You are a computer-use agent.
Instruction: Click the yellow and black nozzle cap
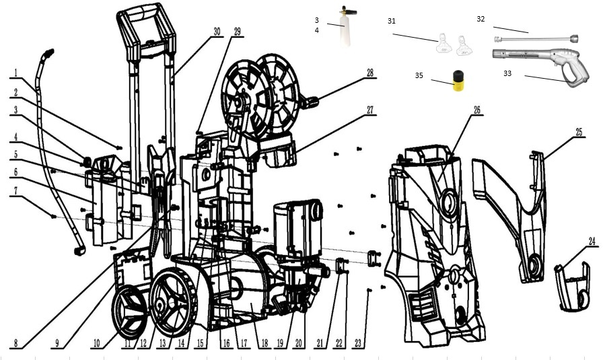coord(458,80)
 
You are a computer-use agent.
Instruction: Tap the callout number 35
coord(419,75)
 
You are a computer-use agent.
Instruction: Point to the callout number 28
coord(370,73)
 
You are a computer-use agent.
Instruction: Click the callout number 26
coord(477,110)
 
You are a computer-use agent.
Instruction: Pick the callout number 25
coord(579,133)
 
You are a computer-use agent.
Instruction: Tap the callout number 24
coord(592,241)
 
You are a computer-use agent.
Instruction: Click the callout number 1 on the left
coord(15,73)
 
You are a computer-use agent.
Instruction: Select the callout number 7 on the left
coord(15,191)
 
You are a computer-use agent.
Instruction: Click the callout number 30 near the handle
coord(217,32)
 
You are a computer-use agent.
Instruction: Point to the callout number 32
coord(481,19)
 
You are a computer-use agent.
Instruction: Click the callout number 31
coord(392,21)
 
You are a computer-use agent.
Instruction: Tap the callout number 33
coord(507,73)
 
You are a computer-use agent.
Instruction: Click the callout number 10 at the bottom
coord(97,343)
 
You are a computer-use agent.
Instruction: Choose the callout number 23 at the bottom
coord(359,343)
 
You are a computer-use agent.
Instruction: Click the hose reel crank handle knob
coord(312,102)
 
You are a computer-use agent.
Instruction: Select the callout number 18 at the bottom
coord(264,343)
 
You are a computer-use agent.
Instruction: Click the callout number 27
coord(370,110)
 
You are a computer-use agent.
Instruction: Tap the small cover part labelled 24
coord(572,287)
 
